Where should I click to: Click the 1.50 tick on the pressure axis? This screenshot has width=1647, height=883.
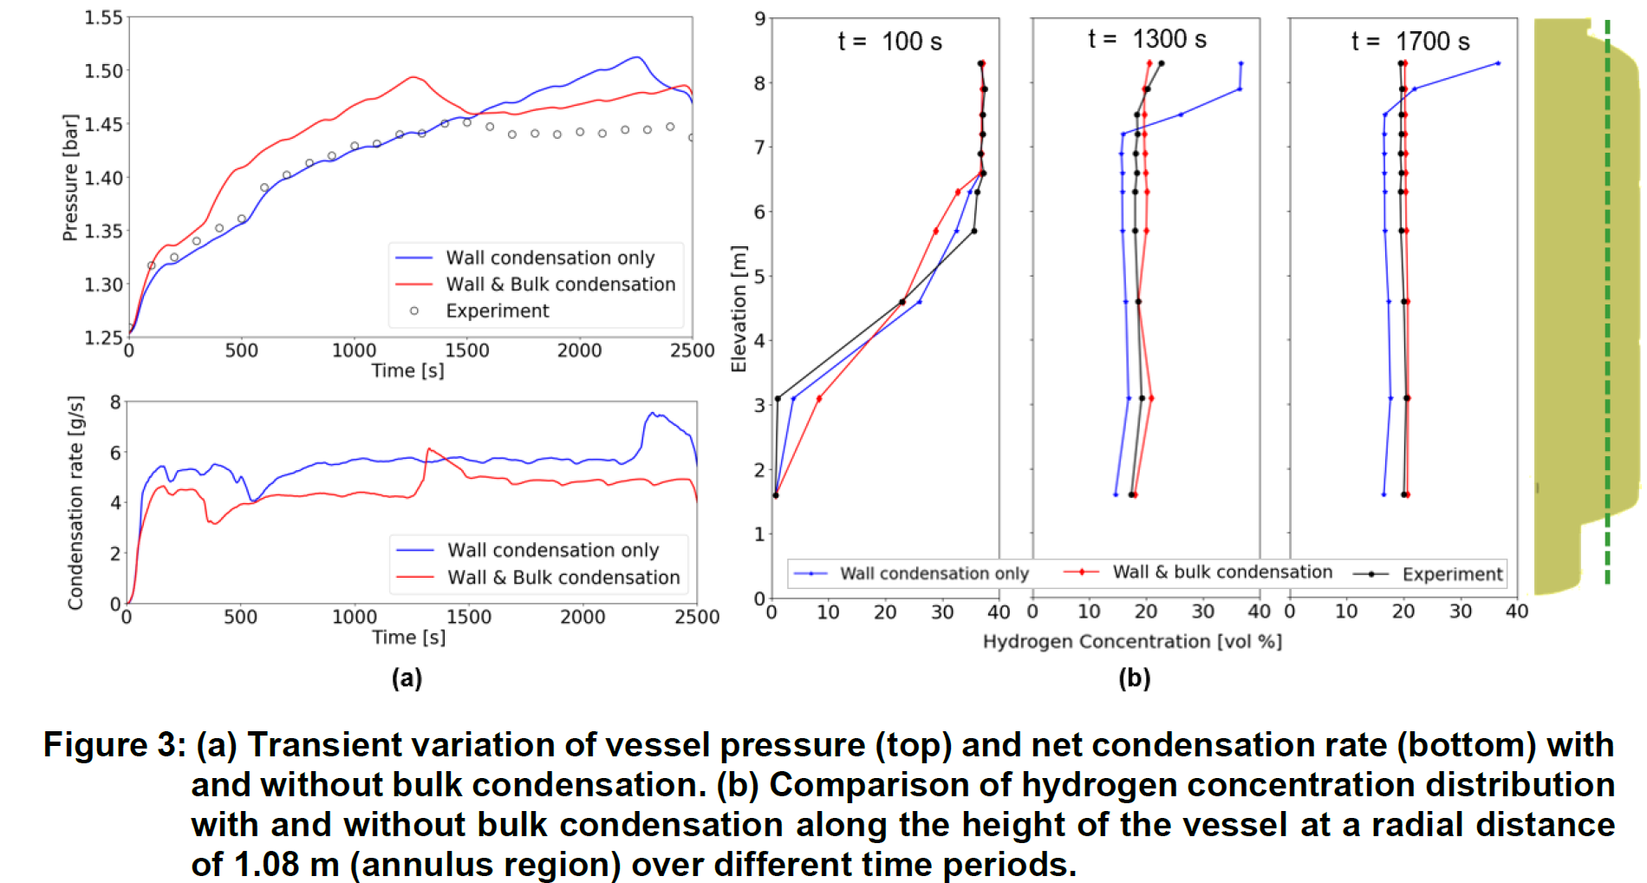[x=103, y=70]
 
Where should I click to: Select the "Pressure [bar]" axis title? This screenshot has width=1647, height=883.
[x=70, y=177]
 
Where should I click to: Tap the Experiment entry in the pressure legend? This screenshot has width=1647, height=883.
[x=497, y=311]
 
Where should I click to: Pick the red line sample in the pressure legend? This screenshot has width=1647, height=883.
[x=413, y=284]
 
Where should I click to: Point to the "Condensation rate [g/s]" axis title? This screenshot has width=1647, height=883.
[x=76, y=502]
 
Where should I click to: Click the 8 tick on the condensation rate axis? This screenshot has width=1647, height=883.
[x=115, y=402]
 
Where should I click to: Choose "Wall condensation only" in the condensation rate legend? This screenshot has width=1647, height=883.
[x=553, y=550]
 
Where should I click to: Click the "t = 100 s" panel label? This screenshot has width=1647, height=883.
[x=889, y=42]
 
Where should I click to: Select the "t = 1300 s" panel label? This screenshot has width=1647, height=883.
[x=1147, y=39]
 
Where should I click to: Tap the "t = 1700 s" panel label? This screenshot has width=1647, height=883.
[x=1410, y=42]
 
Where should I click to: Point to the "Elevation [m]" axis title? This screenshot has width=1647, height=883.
[x=739, y=309]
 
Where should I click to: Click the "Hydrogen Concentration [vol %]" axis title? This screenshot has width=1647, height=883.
[x=1132, y=641]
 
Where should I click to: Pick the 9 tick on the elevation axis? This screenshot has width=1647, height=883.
[x=759, y=18]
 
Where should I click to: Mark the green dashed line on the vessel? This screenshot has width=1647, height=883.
[x=1607, y=304]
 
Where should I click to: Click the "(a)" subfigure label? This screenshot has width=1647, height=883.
[x=407, y=677]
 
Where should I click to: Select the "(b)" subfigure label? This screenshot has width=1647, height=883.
[x=1134, y=677]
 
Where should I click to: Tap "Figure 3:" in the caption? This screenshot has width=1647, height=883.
[x=114, y=745]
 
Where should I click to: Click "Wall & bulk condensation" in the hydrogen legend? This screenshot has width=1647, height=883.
[x=1222, y=572]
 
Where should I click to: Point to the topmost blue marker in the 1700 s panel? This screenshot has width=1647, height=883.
[x=1498, y=63]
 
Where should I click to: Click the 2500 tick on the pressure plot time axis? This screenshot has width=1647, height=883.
[x=692, y=350]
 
